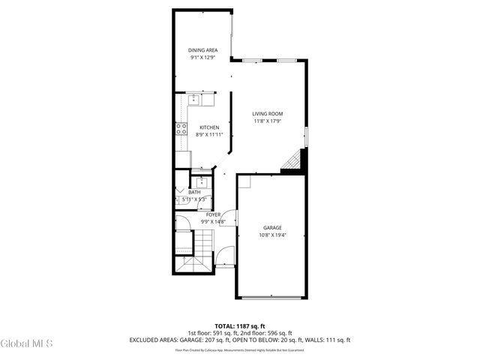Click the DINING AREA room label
click(202, 50)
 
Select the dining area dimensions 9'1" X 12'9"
click(202, 57)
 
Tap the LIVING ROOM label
click(267, 114)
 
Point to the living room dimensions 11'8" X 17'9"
click(267, 121)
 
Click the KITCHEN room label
click(209, 127)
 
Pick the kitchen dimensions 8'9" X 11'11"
click(209, 134)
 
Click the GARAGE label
click(272, 227)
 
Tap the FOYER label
click(213, 214)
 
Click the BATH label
click(194, 193)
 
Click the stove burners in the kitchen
click(181, 128)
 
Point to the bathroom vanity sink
click(201, 181)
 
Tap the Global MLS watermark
click(26, 344)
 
